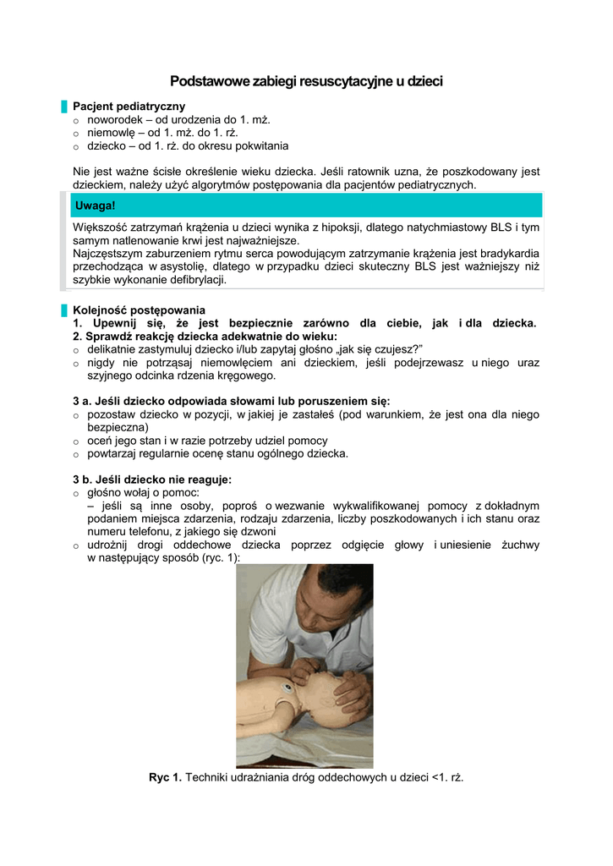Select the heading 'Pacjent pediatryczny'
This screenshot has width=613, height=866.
click(129, 107)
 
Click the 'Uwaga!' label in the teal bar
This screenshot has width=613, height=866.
click(95, 206)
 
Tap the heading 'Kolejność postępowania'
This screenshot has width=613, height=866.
click(139, 310)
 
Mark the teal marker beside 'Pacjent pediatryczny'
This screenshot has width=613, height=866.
click(63, 107)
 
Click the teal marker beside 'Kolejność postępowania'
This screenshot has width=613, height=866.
click(63, 310)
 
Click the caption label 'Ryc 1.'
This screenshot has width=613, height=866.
click(165, 777)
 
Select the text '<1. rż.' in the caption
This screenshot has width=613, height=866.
click(445, 777)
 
